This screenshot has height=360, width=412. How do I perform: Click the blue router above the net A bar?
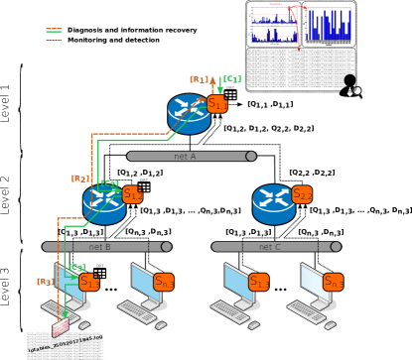tap(189, 112)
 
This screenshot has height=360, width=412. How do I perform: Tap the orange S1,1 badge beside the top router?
tap(217, 104)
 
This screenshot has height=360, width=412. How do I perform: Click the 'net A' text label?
tap(185, 156)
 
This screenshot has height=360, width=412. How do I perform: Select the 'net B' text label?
tap(99, 247)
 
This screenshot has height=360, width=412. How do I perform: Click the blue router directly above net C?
tap(273, 202)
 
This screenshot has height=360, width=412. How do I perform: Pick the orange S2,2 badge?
tap(302, 194)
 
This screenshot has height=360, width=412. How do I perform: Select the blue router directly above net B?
tap(104, 202)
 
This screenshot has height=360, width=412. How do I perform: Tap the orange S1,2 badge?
tap(132, 194)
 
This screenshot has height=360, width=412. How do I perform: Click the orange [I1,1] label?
tap(200, 79)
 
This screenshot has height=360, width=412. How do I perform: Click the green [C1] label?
tap(231, 79)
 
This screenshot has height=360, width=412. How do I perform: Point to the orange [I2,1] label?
tap(80, 180)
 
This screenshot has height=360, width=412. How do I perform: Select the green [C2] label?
tap(110, 183)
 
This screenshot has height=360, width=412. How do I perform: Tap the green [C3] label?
tap(77, 268)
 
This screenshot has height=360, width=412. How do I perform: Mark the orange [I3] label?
tap(45, 283)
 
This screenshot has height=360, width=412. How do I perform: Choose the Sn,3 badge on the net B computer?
tap(164, 282)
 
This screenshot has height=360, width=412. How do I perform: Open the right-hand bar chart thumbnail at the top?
tap(329, 25)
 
